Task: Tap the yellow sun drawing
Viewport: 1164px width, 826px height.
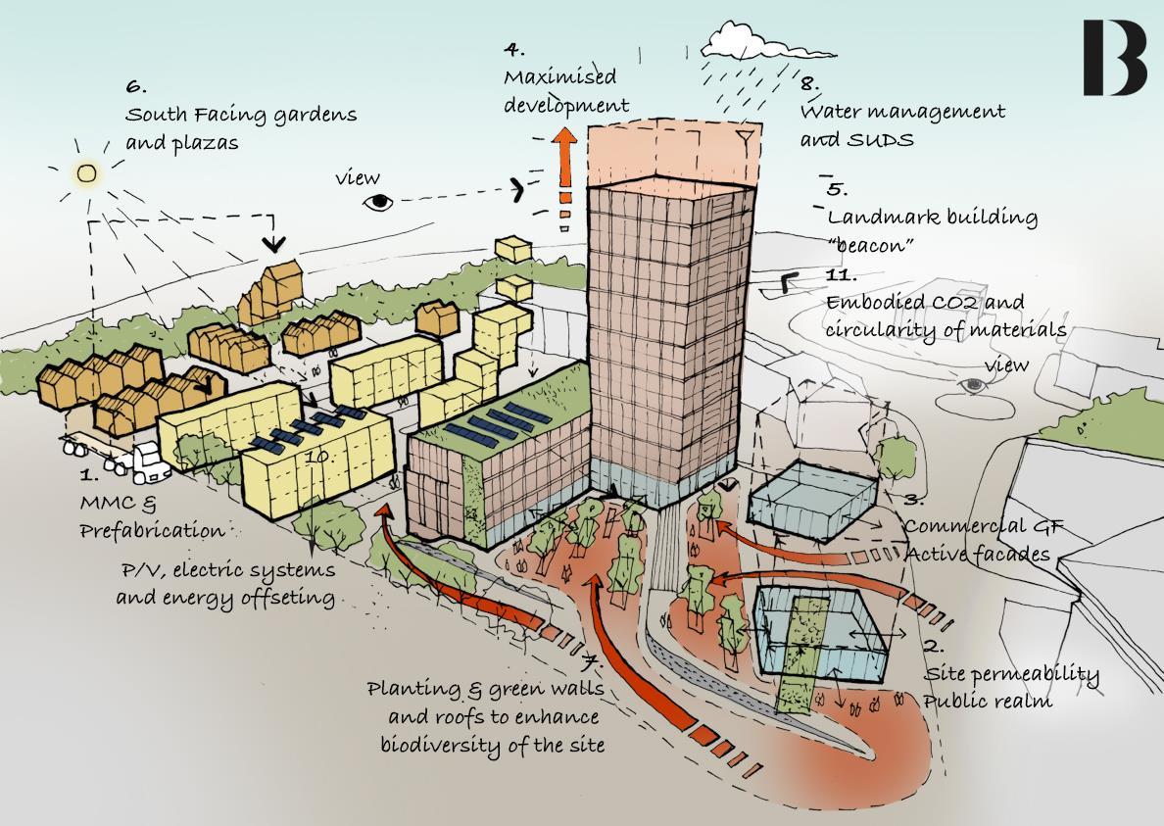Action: pos(87,174)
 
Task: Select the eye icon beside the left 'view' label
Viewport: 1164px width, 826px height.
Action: pos(379,202)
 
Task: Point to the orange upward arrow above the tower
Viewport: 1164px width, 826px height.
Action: pos(564,156)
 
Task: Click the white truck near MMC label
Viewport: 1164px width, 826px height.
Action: pos(145,462)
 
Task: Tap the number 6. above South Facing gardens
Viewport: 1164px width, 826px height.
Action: pos(136,87)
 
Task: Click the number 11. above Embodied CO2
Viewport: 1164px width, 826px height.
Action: pos(842,275)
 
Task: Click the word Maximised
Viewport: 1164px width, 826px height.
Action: pos(560,76)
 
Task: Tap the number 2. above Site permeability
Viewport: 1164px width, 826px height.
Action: pos(933,647)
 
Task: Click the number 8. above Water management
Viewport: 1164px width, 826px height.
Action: pos(810,84)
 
